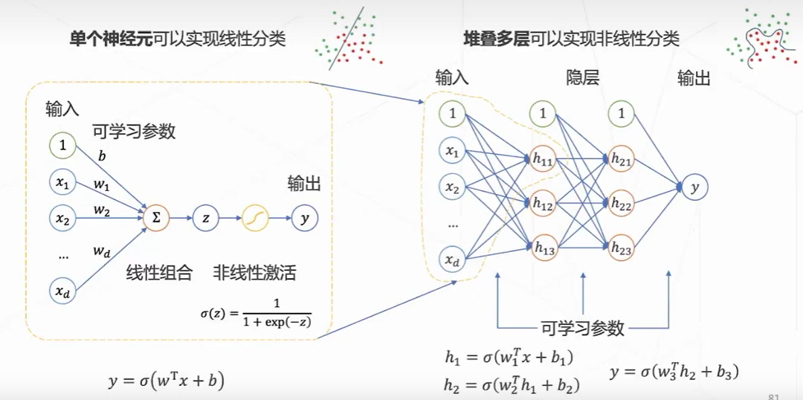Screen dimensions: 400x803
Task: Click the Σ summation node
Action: [156, 218]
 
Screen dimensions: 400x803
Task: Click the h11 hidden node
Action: [544, 158]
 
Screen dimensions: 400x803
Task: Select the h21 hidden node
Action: [621, 158]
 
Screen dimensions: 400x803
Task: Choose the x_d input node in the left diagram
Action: [62, 292]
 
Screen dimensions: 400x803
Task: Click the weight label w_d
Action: [102, 252]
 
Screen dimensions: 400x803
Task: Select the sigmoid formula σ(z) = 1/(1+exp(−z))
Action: [255, 312]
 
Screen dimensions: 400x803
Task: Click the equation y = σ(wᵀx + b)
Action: [166, 381]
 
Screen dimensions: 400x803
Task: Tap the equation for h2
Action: [512, 384]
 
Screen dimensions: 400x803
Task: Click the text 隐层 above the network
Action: [583, 78]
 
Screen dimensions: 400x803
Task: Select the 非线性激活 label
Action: [254, 273]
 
